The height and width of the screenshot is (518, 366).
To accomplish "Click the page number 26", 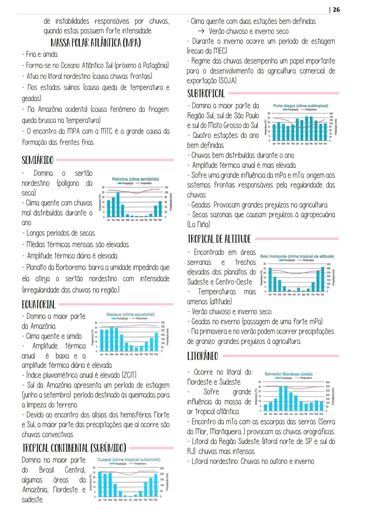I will (x=336, y=9).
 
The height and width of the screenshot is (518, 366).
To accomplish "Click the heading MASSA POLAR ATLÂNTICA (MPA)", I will (x=96, y=43).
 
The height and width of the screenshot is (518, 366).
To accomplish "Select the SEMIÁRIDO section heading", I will (x=38, y=160).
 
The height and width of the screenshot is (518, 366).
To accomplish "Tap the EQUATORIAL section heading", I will (x=39, y=304).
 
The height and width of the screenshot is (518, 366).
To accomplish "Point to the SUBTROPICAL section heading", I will (x=206, y=93).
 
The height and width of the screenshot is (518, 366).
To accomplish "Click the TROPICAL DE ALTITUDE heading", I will (x=219, y=239).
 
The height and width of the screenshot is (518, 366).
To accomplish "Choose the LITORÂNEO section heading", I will (x=203, y=356).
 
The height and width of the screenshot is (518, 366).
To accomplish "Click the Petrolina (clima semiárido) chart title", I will (x=135, y=179).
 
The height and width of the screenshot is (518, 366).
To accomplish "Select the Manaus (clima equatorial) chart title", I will (x=130, y=314).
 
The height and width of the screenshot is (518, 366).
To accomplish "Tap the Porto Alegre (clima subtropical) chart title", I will (x=301, y=106).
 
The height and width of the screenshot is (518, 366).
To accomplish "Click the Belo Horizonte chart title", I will (x=297, y=256).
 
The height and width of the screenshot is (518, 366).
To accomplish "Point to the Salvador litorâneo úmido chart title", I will (x=288, y=374).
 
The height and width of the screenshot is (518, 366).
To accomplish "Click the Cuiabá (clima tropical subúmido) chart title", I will (x=129, y=459).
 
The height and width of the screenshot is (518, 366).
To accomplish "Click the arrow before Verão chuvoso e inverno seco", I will (x=201, y=31).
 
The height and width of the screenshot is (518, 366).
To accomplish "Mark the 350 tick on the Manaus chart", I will (x=163, y=323).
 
